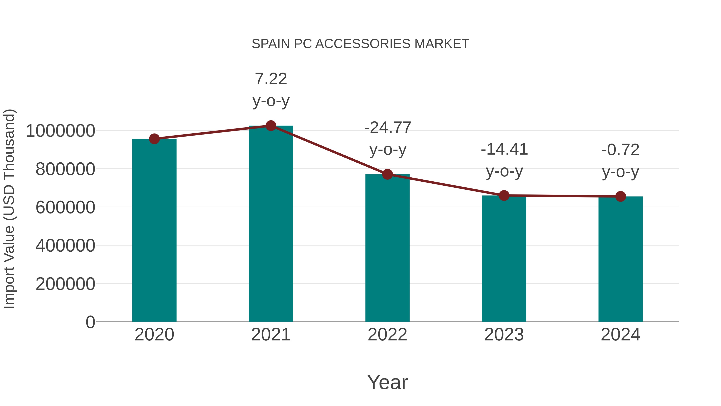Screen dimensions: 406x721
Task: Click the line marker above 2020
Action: tap(154, 139)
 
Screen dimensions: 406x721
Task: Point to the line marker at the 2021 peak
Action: tap(271, 126)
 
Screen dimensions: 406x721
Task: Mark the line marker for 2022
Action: tap(387, 174)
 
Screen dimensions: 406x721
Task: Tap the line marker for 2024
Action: tap(620, 196)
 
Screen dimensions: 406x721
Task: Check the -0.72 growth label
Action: tap(620, 160)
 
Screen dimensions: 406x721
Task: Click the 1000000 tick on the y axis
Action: tap(60, 131)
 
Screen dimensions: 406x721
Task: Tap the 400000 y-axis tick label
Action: tap(65, 246)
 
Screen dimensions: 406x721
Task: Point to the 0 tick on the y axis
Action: tap(90, 322)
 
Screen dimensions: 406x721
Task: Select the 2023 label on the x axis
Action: tap(504, 335)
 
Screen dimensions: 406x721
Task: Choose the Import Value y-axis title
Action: tap(9, 209)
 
